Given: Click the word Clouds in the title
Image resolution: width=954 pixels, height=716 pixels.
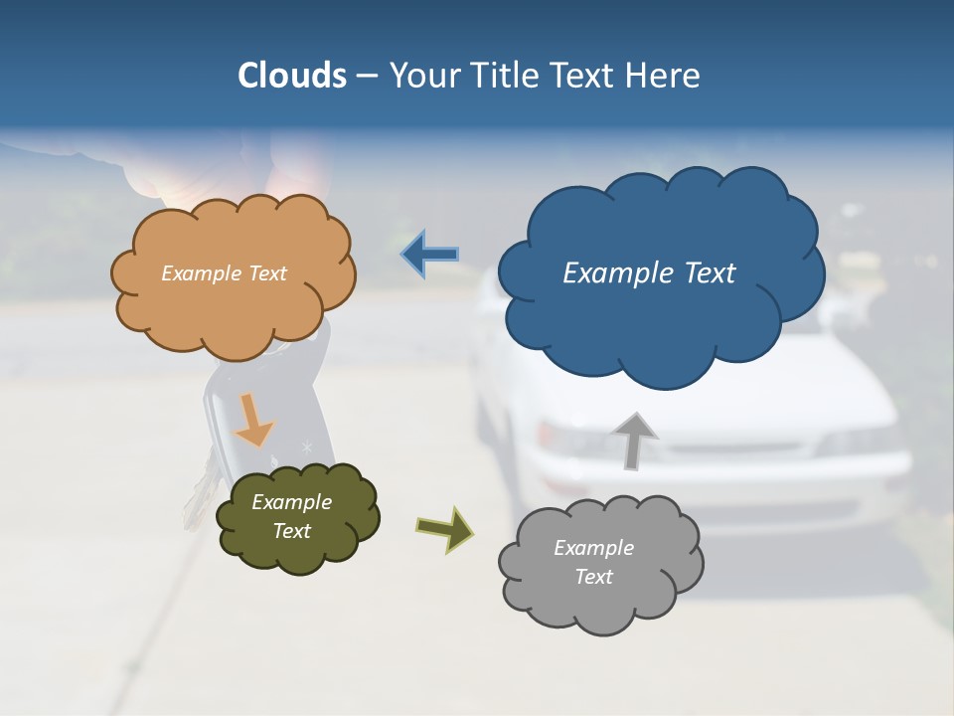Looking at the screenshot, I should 292,76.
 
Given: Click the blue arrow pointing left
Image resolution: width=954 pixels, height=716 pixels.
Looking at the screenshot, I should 429,255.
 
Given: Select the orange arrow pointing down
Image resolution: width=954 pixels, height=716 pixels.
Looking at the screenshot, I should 253,420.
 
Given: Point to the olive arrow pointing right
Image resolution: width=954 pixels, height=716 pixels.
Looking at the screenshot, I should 445,528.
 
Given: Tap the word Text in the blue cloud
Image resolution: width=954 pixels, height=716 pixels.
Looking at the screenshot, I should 710,273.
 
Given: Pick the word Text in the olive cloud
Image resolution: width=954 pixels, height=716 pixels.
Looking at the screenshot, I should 292,531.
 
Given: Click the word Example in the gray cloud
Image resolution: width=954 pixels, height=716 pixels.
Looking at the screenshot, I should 593,548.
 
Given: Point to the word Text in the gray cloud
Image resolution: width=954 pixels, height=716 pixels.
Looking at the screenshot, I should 593,577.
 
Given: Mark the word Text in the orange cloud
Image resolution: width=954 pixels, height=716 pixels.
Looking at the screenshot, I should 267,273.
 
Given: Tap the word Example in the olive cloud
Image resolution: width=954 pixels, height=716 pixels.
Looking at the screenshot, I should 292,502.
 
